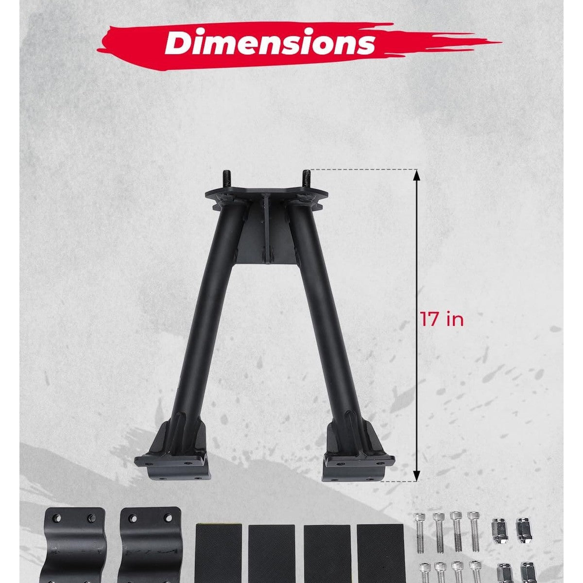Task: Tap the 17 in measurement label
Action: tap(442, 319)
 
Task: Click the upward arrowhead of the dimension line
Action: tap(416, 175)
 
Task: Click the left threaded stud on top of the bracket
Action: tap(226, 180)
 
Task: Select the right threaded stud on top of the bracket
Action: tap(306, 180)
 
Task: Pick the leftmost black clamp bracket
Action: tap(75, 548)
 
